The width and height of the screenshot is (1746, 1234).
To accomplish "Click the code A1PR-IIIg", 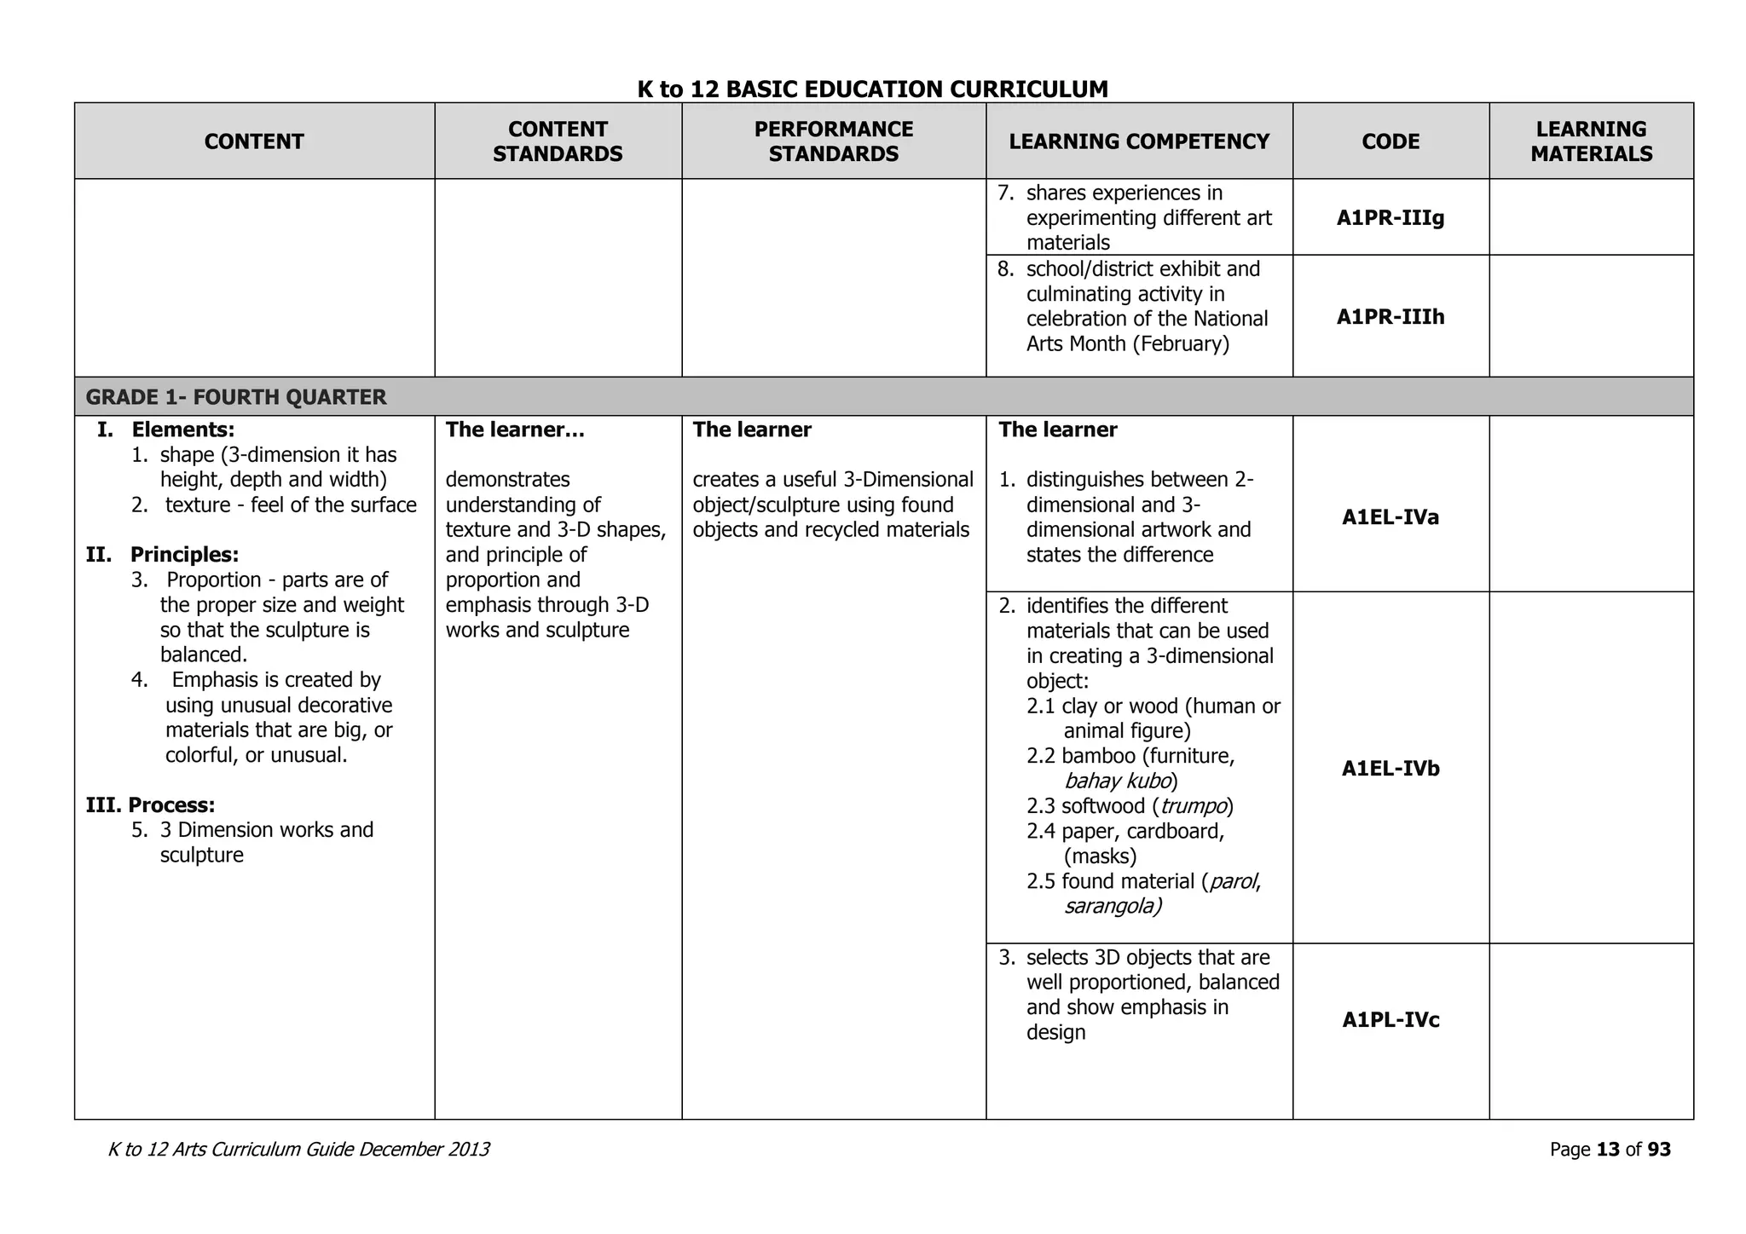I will [x=1390, y=218].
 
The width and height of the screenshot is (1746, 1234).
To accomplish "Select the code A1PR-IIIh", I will [x=1390, y=317].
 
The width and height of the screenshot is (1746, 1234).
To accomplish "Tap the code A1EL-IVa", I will [x=1390, y=517].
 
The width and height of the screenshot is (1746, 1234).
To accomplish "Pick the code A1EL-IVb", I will [x=1390, y=769].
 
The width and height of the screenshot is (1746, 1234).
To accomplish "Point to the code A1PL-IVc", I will [x=1390, y=1020].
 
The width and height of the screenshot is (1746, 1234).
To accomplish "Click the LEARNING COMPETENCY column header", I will [x=1139, y=141].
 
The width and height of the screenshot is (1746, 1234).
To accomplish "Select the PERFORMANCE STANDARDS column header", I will [x=833, y=141].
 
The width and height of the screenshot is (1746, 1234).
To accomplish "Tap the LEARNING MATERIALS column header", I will [x=1591, y=141].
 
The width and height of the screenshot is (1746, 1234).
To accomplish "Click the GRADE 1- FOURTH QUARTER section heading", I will [x=236, y=397].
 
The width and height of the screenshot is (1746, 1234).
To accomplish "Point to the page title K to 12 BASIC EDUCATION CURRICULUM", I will [x=872, y=89].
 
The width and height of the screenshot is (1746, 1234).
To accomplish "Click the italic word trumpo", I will [x=1193, y=806].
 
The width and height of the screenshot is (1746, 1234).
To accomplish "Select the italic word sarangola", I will [x=1112, y=906].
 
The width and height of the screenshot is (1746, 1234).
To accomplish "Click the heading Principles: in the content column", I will [x=184, y=555].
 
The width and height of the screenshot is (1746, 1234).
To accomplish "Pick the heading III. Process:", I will [x=150, y=805].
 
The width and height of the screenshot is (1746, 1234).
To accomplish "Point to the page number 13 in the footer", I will [x=1608, y=1150].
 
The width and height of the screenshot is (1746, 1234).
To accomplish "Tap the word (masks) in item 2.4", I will [x=1100, y=856].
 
